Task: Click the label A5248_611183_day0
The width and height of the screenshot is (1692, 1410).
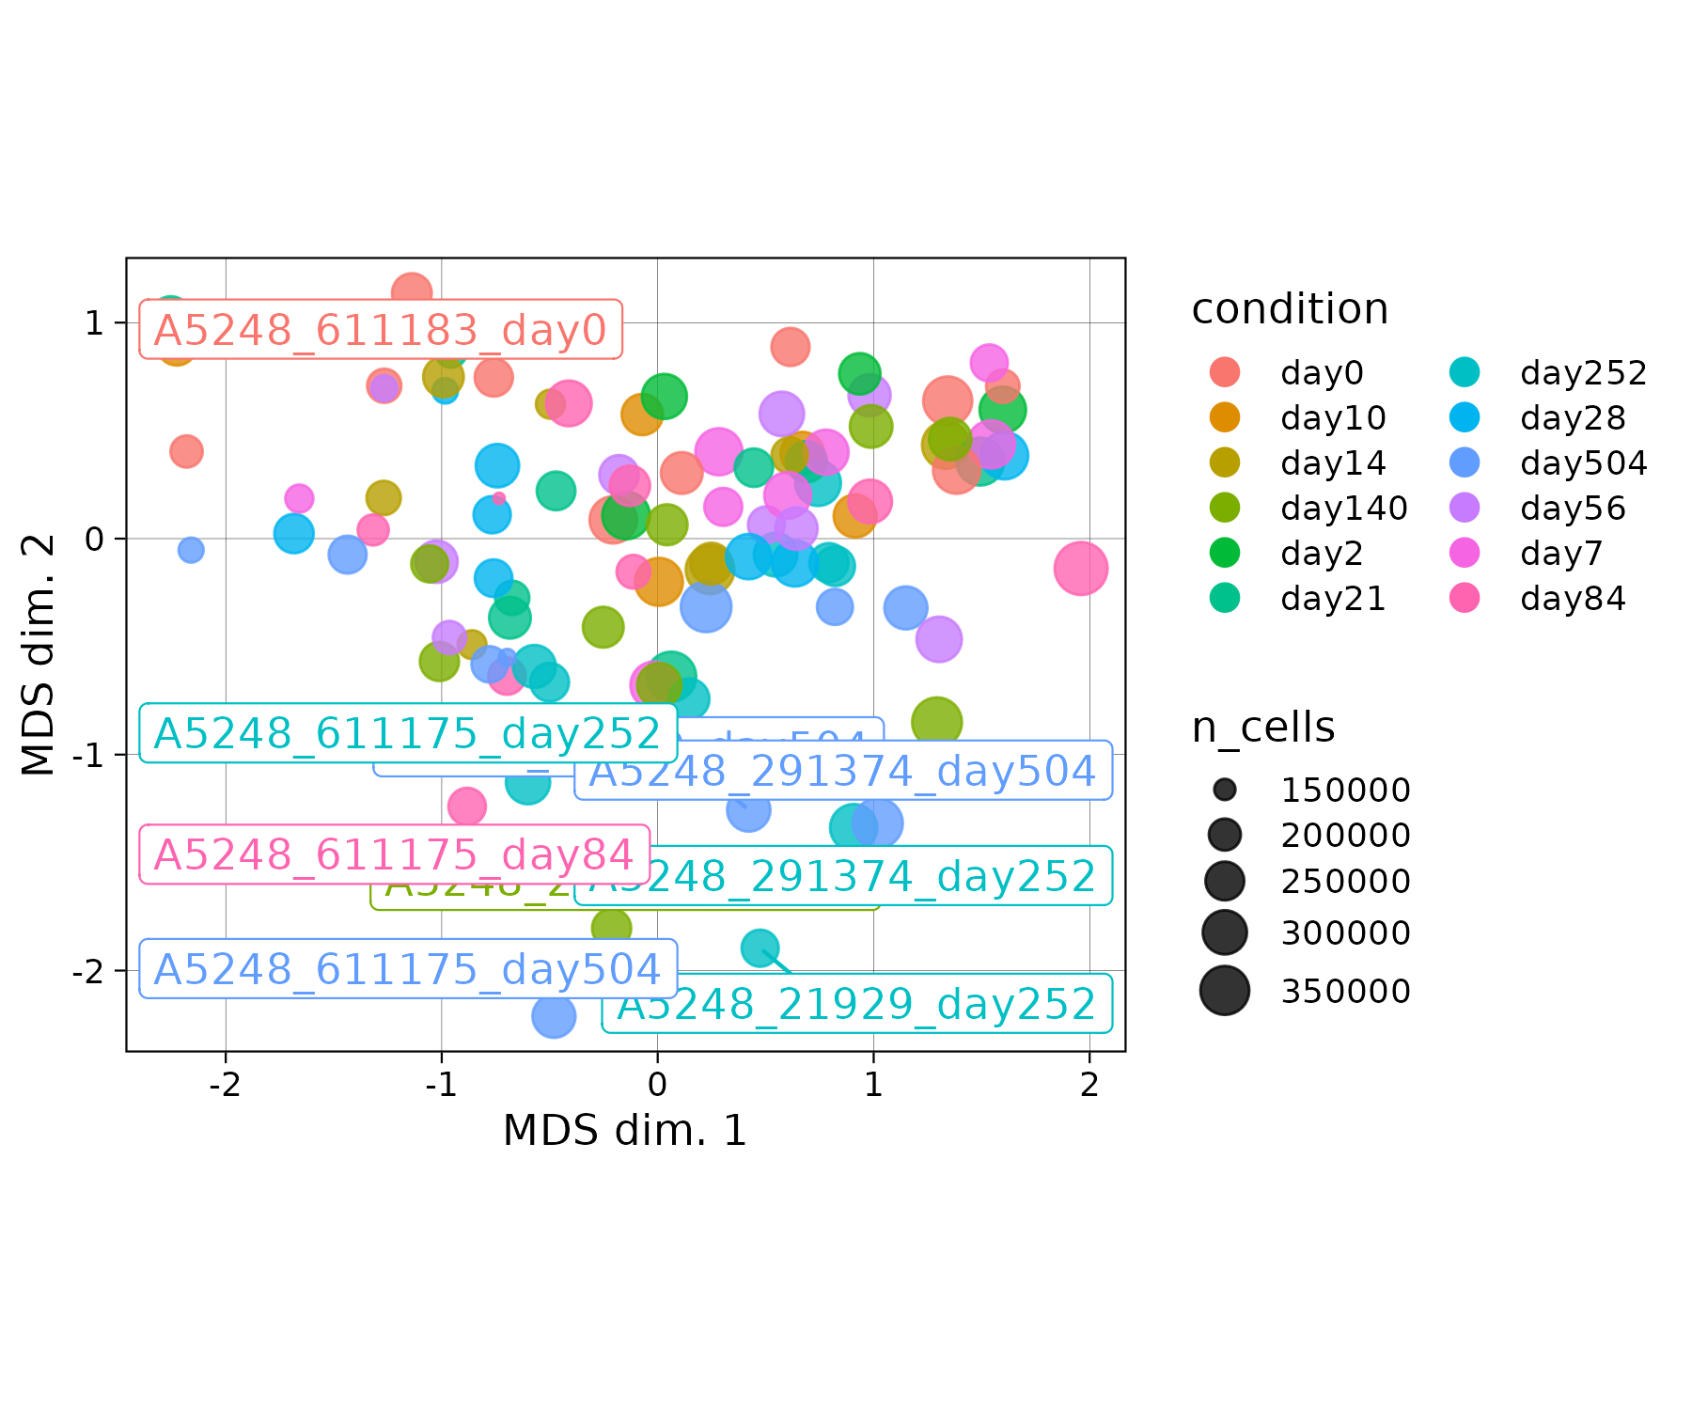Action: (381, 330)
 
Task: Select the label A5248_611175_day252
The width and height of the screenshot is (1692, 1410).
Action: (408, 733)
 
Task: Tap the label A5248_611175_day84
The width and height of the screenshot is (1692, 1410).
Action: (395, 854)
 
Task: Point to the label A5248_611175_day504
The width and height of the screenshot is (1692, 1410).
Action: (408, 969)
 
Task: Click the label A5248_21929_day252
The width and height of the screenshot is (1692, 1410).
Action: (856, 1004)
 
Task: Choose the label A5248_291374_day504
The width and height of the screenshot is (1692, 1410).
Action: (843, 771)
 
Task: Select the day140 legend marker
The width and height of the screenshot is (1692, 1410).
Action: (1225, 508)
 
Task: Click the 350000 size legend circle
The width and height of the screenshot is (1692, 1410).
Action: (1225, 991)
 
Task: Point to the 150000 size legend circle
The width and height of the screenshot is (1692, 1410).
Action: (1225, 790)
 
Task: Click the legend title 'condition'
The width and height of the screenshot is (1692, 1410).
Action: (1290, 309)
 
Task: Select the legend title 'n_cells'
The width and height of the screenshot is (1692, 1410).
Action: (1263, 728)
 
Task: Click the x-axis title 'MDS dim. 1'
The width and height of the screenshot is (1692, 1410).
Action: (625, 1131)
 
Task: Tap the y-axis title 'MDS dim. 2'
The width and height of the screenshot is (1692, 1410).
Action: (39, 654)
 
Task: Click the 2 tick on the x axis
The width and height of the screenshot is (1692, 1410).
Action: (1089, 1086)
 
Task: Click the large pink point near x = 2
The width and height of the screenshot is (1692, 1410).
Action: (1080, 568)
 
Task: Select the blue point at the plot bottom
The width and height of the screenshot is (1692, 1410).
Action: (554, 1016)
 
